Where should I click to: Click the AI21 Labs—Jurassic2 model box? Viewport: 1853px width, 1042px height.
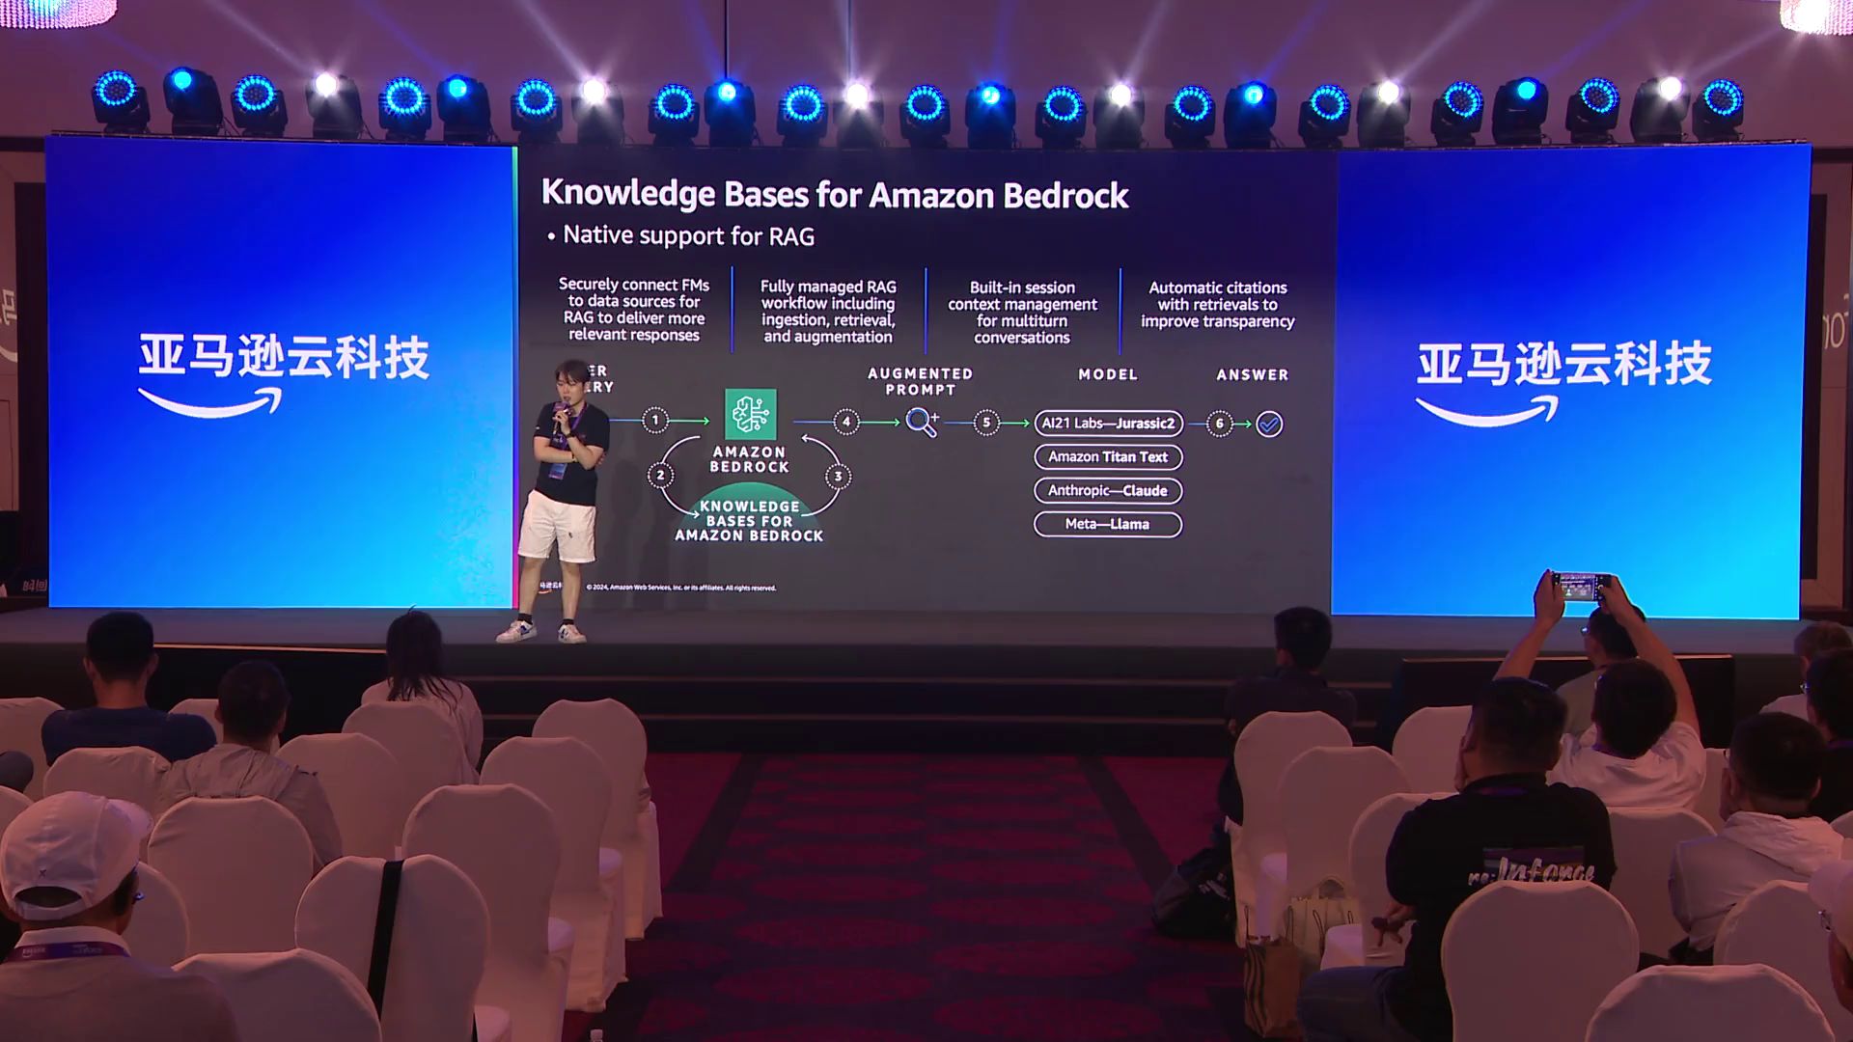pos(1108,423)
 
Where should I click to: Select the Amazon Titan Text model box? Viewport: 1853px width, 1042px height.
pos(1108,456)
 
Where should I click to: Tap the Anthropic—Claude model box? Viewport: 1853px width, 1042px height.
pos(1108,490)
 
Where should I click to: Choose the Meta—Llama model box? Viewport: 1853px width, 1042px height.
pos(1108,524)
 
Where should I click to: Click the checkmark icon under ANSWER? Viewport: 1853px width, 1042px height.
pos(1269,424)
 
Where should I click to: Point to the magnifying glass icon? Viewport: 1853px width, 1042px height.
pos(922,422)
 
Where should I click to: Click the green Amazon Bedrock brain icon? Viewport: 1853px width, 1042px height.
pos(750,414)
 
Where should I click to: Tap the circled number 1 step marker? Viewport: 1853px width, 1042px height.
pos(655,420)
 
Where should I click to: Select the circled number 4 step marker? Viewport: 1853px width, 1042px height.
pos(846,422)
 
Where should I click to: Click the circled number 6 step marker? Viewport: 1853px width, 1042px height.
pos(1220,423)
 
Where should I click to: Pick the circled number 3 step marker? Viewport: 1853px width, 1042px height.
pos(838,476)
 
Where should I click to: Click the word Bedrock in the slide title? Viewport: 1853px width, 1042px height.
pos(1065,196)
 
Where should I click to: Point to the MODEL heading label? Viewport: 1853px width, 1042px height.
pos(1108,374)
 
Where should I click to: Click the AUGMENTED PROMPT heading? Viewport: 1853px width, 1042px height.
pos(920,381)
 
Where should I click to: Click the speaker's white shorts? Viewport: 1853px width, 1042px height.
pos(557,526)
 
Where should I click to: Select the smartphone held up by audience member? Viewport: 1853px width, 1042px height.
pos(1580,586)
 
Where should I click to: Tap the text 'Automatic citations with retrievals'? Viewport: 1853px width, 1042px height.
pos(1217,296)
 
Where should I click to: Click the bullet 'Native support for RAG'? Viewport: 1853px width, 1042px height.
pos(688,236)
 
